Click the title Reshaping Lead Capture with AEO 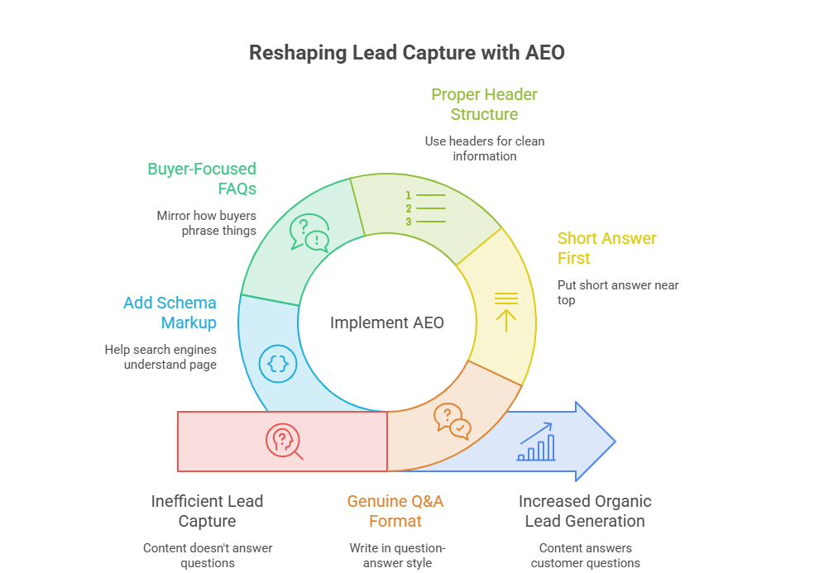(x=406, y=53)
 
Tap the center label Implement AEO (x=387, y=322)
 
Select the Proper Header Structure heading (x=484, y=104)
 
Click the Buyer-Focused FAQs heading (x=202, y=179)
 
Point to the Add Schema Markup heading (x=170, y=313)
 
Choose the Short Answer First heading (x=607, y=248)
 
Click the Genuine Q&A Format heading (x=395, y=511)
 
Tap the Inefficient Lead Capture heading (x=207, y=511)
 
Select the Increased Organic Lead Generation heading (x=585, y=511)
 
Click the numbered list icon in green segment (x=426, y=208)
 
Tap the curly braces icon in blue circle (x=278, y=364)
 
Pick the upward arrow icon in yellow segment (x=506, y=313)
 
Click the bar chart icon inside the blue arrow (x=536, y=442)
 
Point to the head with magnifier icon (x=284, y=442)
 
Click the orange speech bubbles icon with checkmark (x=452, y=421)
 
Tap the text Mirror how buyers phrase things (x=207, y=223)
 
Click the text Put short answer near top (x=618, y=293)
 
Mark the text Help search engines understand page (x=160, y=357)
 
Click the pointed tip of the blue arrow (x=615, y=442)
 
